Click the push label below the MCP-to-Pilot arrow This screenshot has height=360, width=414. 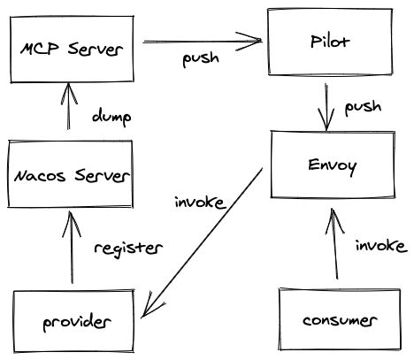coord(201,58)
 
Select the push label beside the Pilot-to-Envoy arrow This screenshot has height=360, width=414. coord(363,107)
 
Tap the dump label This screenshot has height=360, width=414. coord(111,117)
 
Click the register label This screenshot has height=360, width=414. coord(128,249)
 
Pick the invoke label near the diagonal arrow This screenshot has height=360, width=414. coord(199,203)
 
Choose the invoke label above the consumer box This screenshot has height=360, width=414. coord(381,246)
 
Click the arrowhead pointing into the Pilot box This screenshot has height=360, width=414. coord(249,41)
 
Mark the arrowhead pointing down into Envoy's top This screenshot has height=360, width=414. coord(326,119)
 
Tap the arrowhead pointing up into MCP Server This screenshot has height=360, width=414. coord(69,94)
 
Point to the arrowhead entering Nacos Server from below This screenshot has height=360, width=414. coord(71,224)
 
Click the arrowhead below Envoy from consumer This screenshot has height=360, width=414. coord(333,221)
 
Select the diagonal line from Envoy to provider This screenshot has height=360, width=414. coord(202,243)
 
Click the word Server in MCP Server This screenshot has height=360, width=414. coord(96,49)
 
